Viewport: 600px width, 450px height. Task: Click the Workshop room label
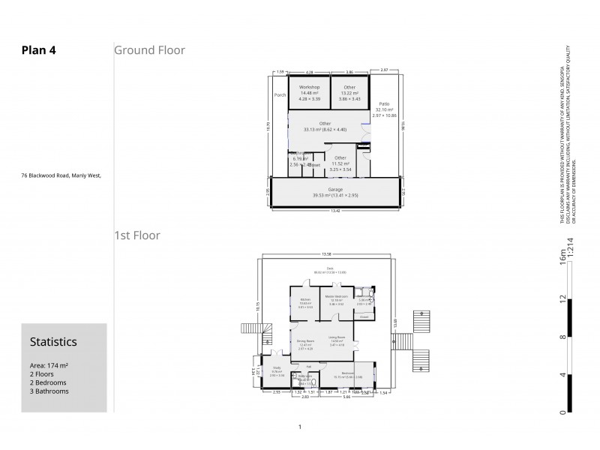309,88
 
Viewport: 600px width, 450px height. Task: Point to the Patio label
384,103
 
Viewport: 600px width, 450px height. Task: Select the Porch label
280,95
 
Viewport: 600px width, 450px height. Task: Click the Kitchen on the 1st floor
305,299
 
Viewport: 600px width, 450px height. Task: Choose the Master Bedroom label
336,299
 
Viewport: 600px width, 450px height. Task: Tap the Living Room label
336,337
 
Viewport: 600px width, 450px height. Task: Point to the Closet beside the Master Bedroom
363,317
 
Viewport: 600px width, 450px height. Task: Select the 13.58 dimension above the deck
326,254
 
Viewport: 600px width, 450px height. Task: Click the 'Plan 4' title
39,50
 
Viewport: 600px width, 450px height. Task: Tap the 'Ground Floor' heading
149,50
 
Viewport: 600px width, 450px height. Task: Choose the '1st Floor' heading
136,235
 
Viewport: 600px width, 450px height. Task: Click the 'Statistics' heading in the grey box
52,341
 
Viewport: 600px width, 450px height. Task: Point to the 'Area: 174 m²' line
49,365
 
